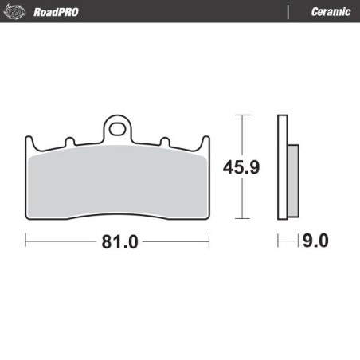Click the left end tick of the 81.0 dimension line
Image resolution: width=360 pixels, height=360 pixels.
coord(26,238)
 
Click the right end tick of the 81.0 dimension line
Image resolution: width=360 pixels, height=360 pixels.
coord(209,238)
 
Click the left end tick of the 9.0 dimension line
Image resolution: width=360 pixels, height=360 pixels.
coord(278,239)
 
